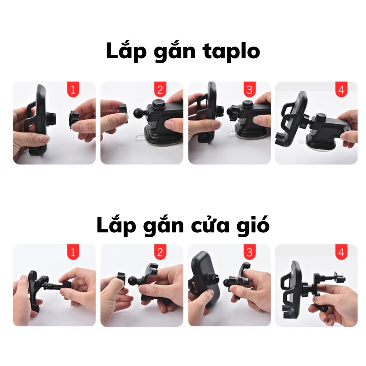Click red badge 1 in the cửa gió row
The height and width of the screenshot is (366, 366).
[73, 253]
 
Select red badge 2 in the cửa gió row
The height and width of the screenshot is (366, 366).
[160, 253]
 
